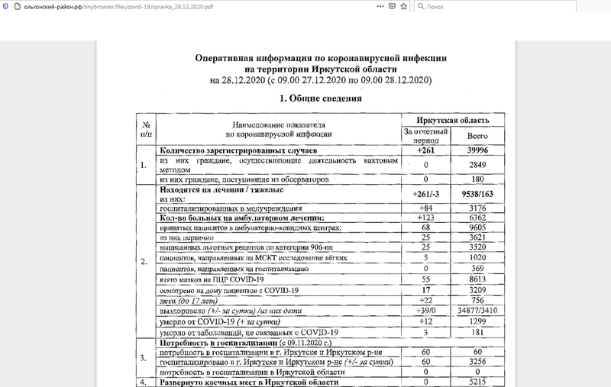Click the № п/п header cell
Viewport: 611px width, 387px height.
(x=145, y=128)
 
